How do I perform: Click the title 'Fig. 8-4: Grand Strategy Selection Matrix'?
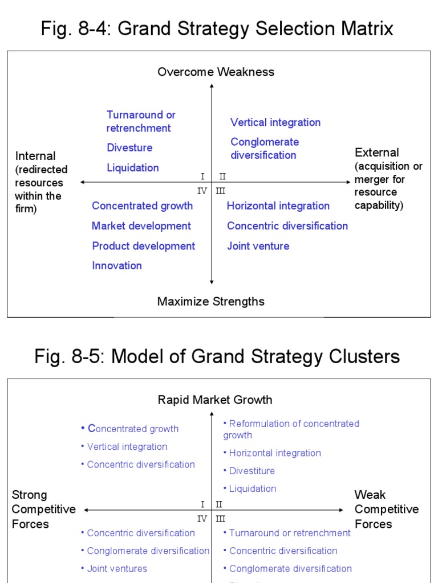217,28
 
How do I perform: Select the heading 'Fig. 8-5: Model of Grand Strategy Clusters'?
217,356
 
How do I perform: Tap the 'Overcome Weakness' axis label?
216,72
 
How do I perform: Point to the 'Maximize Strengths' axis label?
211,301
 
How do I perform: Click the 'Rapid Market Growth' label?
215,400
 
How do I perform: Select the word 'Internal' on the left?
35,156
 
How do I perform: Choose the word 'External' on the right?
377,153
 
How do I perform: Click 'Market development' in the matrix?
141,226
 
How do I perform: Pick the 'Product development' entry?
143,246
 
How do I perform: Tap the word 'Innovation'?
117,265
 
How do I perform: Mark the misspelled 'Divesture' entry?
129,148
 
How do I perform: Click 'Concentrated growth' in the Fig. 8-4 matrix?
142,206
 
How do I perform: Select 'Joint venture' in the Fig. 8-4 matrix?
258,246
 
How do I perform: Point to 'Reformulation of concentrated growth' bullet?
291,429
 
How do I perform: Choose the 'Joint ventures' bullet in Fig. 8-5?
117,568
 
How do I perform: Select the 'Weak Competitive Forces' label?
386,509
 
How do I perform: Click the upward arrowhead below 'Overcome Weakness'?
212,86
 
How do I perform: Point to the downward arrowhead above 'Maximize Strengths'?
212,281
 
